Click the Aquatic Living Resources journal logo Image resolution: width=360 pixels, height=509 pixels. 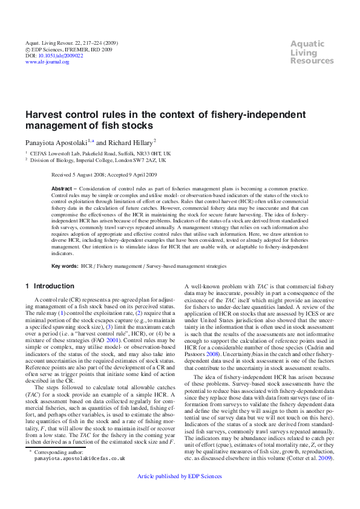pos(312,52)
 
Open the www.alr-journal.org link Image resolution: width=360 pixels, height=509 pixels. pos(47,62)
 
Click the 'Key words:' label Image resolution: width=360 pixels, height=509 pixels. pos(65,266)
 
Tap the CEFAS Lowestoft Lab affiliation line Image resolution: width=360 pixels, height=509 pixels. pos(100,154)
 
